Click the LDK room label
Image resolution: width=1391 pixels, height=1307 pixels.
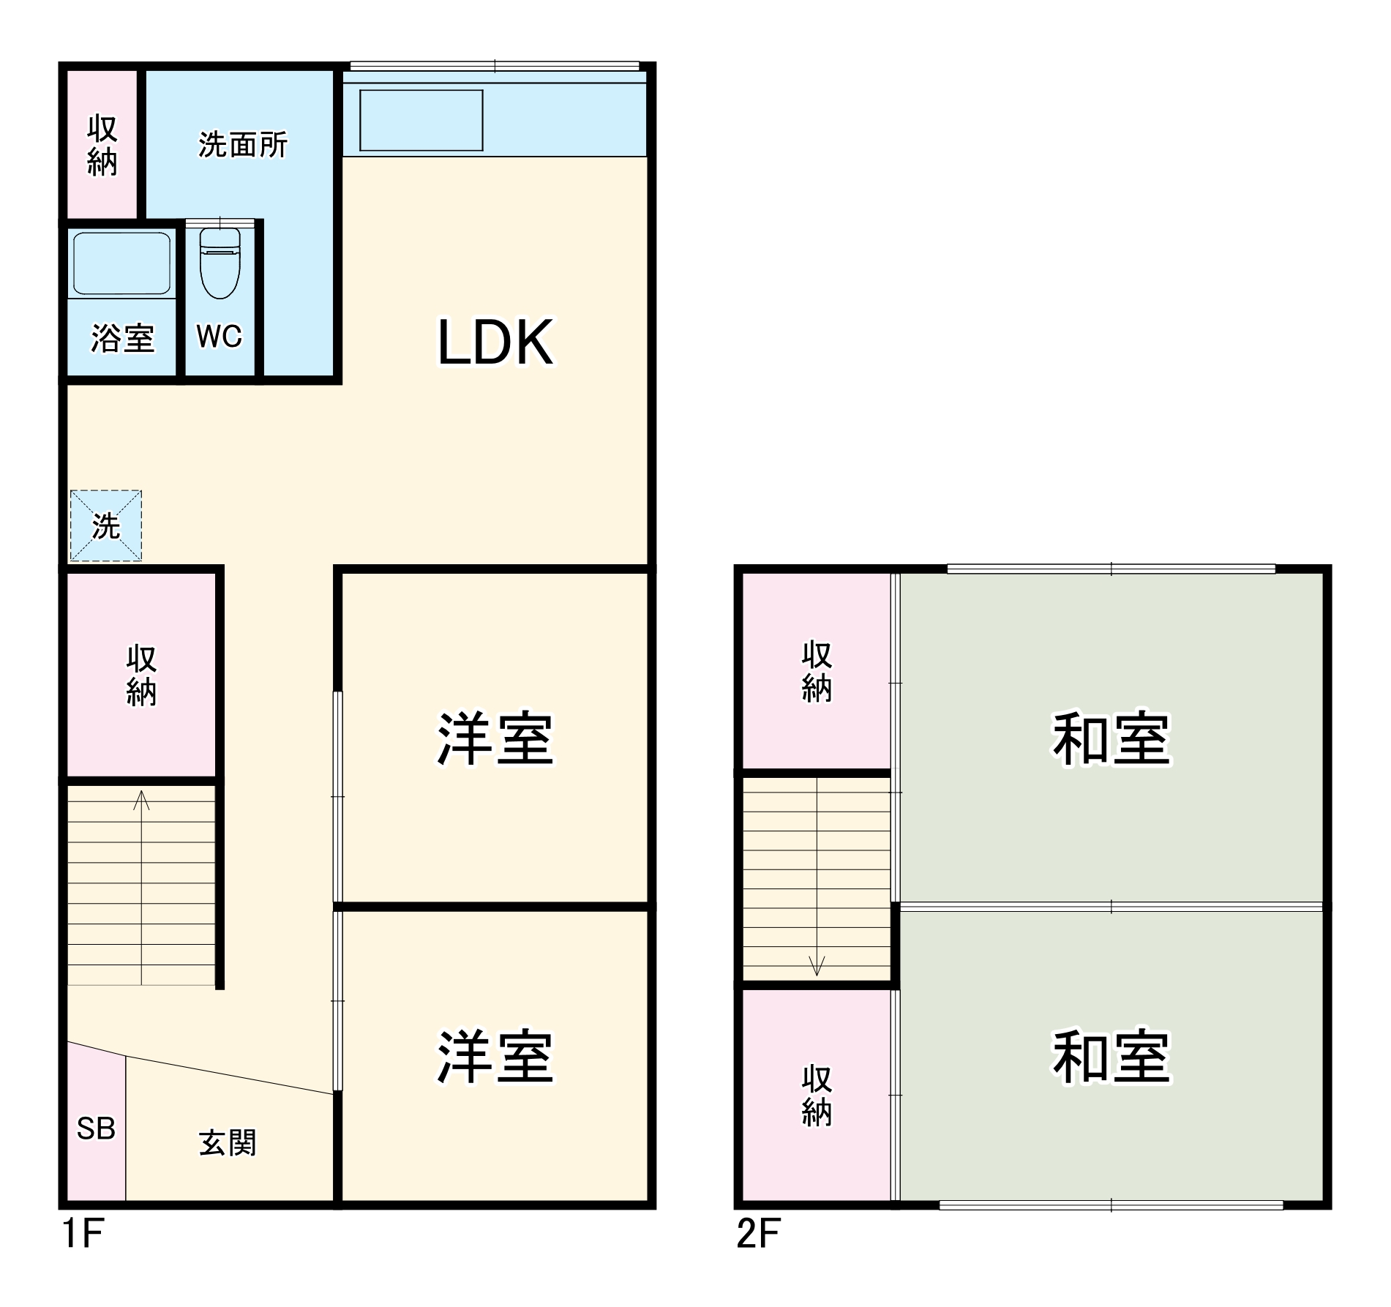(x=495, y=342)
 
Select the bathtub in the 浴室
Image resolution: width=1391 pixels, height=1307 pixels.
(x=121, y=263)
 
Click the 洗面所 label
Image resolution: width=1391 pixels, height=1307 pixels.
(x=243, y=145)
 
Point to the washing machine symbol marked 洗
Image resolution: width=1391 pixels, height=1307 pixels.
(x=106, y=525)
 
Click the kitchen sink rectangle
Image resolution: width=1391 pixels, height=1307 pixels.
(x=421, y=121)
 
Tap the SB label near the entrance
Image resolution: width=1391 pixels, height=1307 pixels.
(x=96, y=1128)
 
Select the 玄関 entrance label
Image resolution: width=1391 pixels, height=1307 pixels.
(x=228, y=1143)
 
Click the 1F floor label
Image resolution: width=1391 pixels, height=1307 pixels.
(x=83, y=1233)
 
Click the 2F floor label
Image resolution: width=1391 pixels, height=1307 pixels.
(x=759, y=1233)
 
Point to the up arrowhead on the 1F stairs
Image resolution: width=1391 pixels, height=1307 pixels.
(x=142, y=799)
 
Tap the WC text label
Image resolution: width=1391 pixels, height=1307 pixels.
(x=219, y=337)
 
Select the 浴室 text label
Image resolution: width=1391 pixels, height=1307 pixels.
(x=123, y=339)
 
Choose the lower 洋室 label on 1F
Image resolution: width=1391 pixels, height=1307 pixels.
(x=495, y=1058)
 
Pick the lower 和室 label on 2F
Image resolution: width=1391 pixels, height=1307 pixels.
(x=1111, y=1058)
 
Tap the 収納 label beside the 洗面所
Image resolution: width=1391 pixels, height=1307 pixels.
(x=102, y=145)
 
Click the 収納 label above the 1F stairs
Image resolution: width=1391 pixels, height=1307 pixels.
(x=141, y=675)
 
